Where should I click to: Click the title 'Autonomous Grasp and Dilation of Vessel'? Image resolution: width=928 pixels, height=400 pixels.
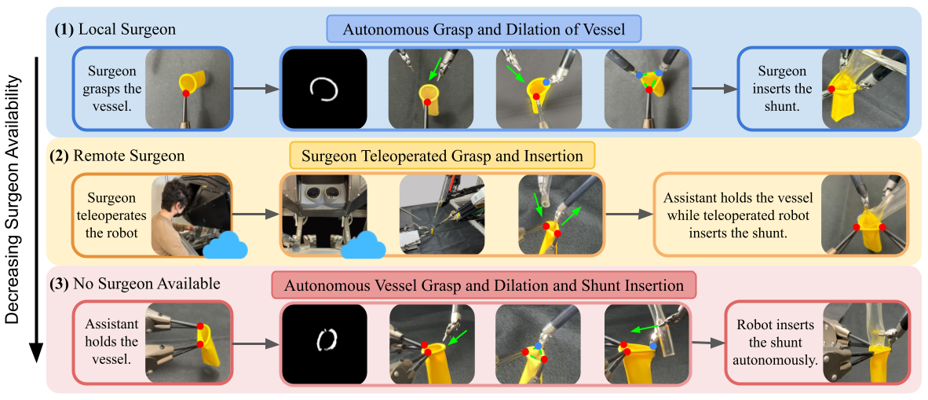click(484, 31)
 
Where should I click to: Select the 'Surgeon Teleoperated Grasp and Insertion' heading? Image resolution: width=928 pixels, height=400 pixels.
click(442, 156)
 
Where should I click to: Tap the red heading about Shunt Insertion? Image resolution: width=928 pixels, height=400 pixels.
click(484, 285)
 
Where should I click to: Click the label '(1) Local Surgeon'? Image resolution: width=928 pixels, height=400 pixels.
click(115, 29)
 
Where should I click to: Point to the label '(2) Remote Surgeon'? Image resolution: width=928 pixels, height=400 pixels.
click(120, 156)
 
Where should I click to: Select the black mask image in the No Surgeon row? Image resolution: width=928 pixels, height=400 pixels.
click(324, 343)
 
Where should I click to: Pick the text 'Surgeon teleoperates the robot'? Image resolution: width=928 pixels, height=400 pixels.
click(111, 215)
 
